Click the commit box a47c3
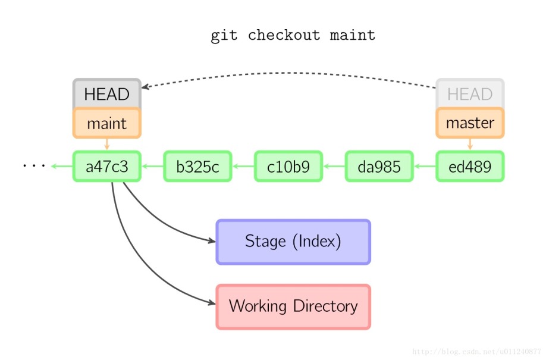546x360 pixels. (107, 167)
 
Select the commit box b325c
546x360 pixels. (197, 167)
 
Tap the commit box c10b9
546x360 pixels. (288, 167)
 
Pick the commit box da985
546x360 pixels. (379, 167)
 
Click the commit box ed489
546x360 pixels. (470, 167)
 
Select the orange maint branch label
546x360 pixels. (107, 123)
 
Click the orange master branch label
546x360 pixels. (470, 123)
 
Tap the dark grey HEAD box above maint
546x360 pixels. (107, 94)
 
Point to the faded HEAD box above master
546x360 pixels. (470, 94)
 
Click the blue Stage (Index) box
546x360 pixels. (293, 242)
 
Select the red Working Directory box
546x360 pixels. (293, 306)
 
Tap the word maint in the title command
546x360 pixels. (353, 36)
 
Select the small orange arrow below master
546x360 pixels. (470, 145)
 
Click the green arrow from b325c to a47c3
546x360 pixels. (152, 167)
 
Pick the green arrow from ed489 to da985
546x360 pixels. (425, 167)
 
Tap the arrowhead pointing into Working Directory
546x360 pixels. (211, 303)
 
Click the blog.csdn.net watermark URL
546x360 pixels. (476, 352)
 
